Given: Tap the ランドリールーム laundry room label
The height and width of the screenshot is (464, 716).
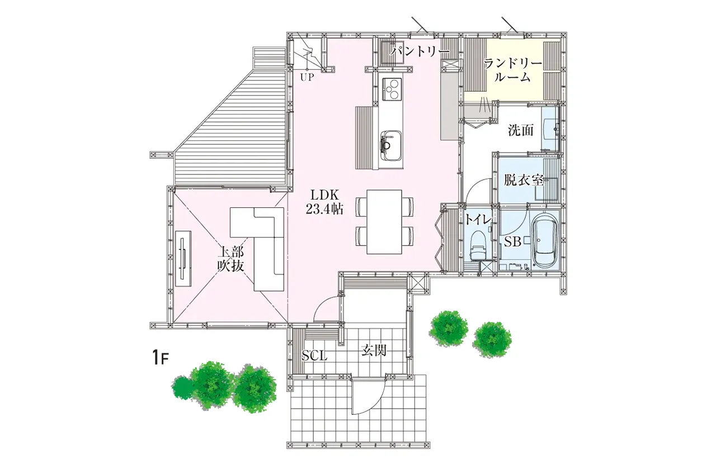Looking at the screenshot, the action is pyautogui.click(x=513, y=70).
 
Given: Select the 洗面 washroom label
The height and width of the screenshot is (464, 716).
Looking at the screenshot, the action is pyautogui.click(x=521, y=130).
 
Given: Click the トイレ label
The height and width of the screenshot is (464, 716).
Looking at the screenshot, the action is pyautogui.click(x=478, y=219).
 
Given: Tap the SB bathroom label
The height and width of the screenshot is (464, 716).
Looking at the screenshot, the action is pyautogui.click(x=513, y=242).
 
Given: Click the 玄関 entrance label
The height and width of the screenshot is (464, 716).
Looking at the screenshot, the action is pyautogui.click(x=374, y=351).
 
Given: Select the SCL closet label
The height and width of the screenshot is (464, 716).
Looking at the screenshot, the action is pyautogui.click(x=314, y=356).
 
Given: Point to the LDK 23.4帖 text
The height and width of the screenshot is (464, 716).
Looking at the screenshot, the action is pyautogui.click(x=325, y=202).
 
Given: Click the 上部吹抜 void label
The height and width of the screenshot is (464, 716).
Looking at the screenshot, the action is pyautogui.click(x=231, y=259).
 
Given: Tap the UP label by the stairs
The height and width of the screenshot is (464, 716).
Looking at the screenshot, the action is pyautogui.click(x=307, y=77).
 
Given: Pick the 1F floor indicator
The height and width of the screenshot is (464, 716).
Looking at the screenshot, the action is pyautogui.click(x=160, y=357).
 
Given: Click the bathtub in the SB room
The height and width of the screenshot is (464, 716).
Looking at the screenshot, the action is pyautogui.click(x=545, y=240).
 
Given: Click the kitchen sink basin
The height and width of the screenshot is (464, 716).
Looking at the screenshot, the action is pyautogui.click(x=390, y=146).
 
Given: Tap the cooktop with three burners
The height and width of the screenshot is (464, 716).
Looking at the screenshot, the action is pyautogui.click(x=391, y=89).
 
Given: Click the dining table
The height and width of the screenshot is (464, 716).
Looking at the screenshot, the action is pyautogui.click(x=384, y=222).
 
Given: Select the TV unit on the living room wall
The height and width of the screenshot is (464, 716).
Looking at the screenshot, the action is pyautogui.click(x=183, y=259).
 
